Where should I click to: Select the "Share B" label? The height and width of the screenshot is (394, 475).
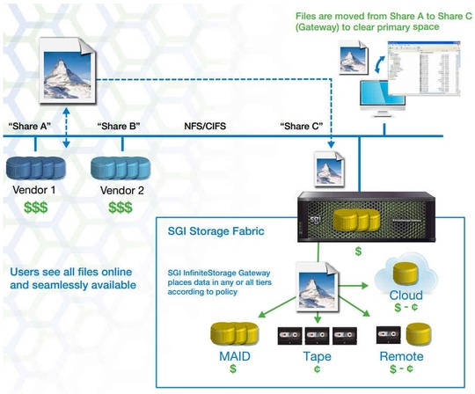116,126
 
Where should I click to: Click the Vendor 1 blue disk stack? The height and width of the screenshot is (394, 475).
36,167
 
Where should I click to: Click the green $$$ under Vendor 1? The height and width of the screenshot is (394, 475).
36,208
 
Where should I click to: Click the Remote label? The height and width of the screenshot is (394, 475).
401,357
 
